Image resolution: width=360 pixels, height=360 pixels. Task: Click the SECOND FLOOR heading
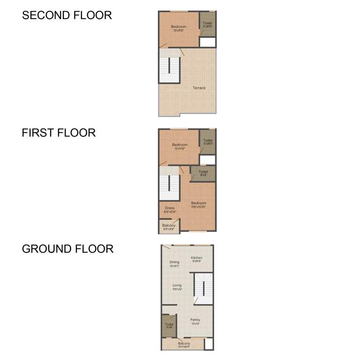pos(67,15)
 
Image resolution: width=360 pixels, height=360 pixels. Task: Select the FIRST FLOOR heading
pos(59,133)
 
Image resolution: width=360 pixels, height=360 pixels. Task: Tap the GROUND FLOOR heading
pos(67,248)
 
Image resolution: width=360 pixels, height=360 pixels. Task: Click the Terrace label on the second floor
pos(199,88)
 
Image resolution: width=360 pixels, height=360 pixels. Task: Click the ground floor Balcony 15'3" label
pos(184,345)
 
